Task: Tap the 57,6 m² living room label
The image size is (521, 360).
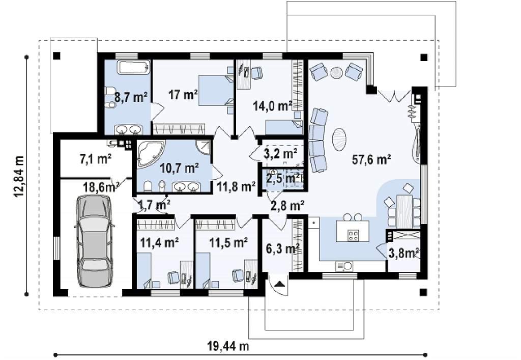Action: (x=371, y=159)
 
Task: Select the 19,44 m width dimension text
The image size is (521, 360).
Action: (x=228, y=346)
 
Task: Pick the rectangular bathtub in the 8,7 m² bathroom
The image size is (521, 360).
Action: (x=133, y=68)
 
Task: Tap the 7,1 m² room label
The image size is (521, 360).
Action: (x=96, y=159)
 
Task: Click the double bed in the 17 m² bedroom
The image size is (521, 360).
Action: (x=215, y=91)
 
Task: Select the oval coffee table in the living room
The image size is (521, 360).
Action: (x=340, y=140)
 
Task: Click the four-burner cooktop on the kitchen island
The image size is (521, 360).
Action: (x=353, y=235)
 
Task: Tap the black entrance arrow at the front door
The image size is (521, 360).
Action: (x=280, y=284)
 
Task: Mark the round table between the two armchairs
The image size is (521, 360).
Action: (x=337, y=72)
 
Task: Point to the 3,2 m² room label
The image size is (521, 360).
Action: (x=280, y=154)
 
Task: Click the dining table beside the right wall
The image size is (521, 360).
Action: (x=404, y=211)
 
